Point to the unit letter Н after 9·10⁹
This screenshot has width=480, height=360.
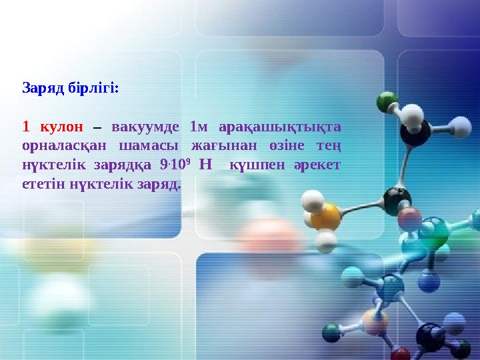tap(205, 164)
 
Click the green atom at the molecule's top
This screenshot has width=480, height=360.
tap(387, 102)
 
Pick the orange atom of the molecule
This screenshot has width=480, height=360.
tap(326, 215)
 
